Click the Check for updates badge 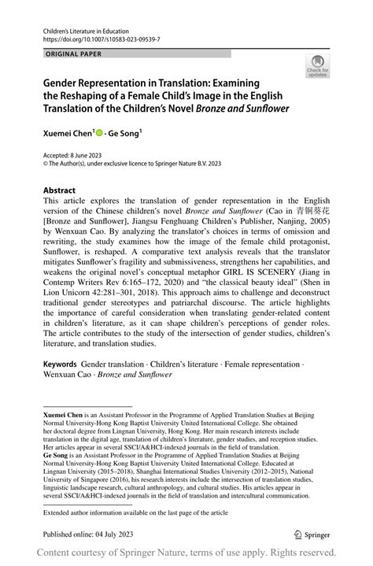click(319, 68)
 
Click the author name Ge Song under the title click(123, 135)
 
